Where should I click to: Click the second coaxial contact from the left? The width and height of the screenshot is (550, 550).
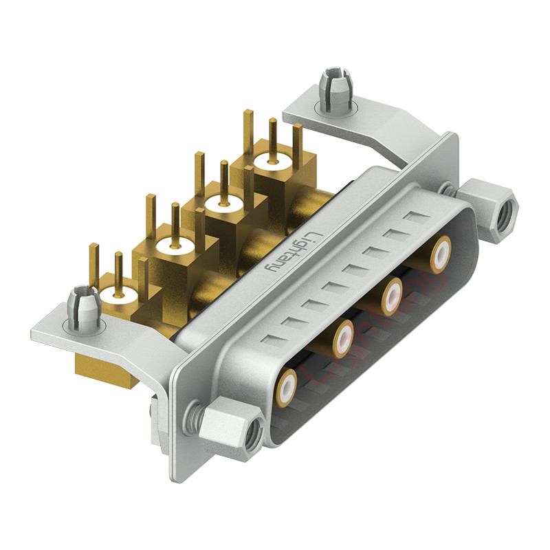tap(342, 338)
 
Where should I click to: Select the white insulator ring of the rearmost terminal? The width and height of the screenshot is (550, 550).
tap(272, 164)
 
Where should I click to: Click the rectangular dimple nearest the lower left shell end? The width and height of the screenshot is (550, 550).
tap(273, 338)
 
